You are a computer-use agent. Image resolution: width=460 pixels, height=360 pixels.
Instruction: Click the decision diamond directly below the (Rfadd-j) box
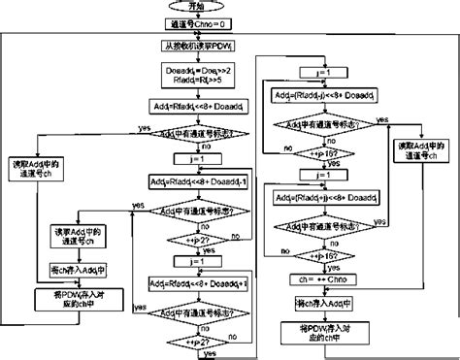pos(321,124)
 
